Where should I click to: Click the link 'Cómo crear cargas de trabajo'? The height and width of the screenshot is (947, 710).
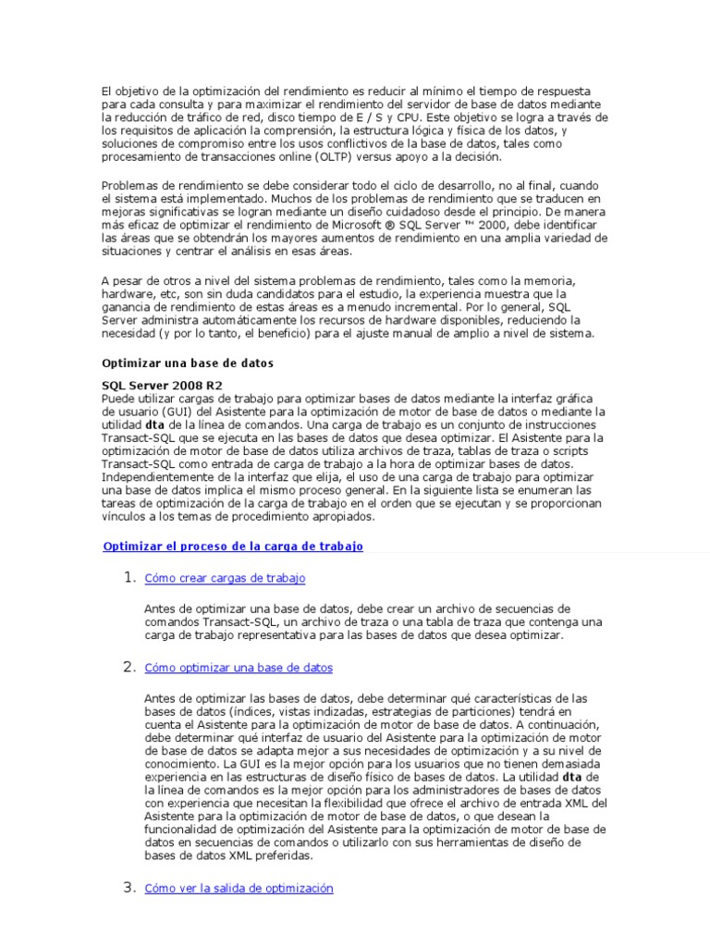tap(225, 578)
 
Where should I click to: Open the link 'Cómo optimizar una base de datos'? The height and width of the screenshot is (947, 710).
tap(239, 667)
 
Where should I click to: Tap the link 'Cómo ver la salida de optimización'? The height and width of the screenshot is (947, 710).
tap(239, 888)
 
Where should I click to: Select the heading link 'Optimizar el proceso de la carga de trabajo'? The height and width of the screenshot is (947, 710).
tap(233, 547)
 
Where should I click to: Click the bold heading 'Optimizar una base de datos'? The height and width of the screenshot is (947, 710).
tap(187, 363)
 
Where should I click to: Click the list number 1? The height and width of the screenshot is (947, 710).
tap(130, 578)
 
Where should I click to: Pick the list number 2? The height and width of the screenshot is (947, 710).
tap(130, 667)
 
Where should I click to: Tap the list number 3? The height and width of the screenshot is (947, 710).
tap(130, 888)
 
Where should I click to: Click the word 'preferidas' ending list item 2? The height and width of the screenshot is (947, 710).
tap(283, 855)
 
